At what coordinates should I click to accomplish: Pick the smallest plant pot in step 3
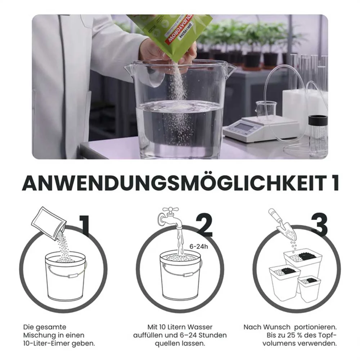(x=309, y=288)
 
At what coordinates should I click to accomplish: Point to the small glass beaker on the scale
(x=266, y=110)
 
